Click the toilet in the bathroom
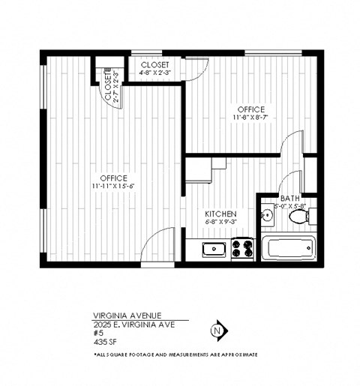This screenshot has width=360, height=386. pos(300,217)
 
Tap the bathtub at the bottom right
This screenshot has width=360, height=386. pos(288,247)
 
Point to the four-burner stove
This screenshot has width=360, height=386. pos(242,248)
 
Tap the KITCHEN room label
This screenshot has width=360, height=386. pos(221,214)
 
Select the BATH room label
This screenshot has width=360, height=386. pos(290,198)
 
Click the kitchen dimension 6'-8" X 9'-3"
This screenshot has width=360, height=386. pos(221,222)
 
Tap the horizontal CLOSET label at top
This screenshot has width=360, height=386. pos(155,65)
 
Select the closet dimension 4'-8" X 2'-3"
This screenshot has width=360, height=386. pos(155,73)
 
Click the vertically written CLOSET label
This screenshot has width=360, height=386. pos(108,87)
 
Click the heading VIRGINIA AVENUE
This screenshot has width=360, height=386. pos(126,316)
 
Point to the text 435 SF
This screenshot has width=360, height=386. pos(104,340)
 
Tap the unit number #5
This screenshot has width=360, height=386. pos(97,332)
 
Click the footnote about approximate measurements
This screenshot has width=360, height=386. pos(175,353)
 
